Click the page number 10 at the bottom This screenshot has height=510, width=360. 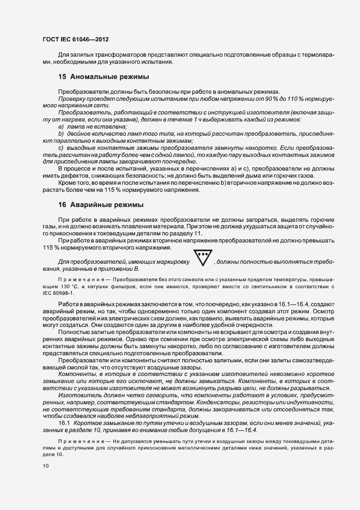45,466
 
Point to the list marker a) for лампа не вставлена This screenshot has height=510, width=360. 61,126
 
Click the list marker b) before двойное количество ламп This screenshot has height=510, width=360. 61,133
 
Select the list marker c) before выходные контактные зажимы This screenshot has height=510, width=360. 61,148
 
